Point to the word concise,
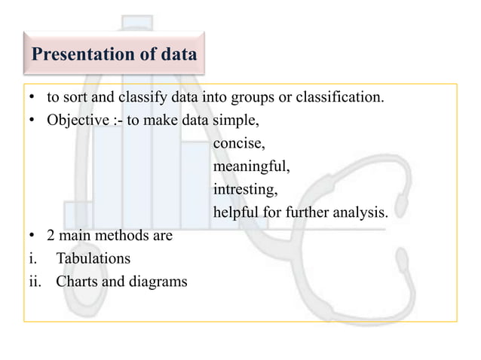click(x=239, y=143)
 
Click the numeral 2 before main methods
click(x=51, y=236)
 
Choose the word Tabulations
click(x=93, y=258)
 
